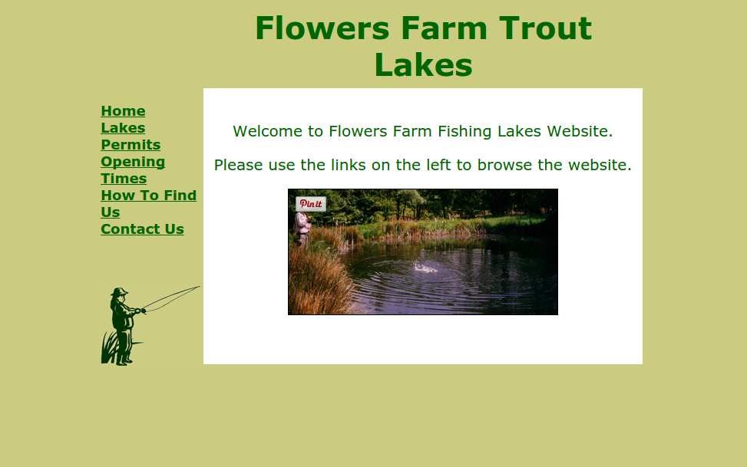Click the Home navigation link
tap(123, 111)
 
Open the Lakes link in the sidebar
tap(123, 128)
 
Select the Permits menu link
tap(131, 145)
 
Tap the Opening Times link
tap(133, 170)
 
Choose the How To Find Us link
tap(148, 204)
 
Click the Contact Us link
tap(142, 229)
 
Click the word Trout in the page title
tap(545, 28)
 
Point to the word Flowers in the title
tap(322, 28)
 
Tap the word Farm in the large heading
tap(444, 28)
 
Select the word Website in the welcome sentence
tap(580, 131)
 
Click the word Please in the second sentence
tap(238, 165)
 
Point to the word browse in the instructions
tap(504, 165)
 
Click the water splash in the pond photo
tap(425, 268)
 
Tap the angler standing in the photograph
tap(302, 229)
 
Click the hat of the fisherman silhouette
tap(119, 292)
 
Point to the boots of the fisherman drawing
tap(124, 360)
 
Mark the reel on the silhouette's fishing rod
tap(143, 311)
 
